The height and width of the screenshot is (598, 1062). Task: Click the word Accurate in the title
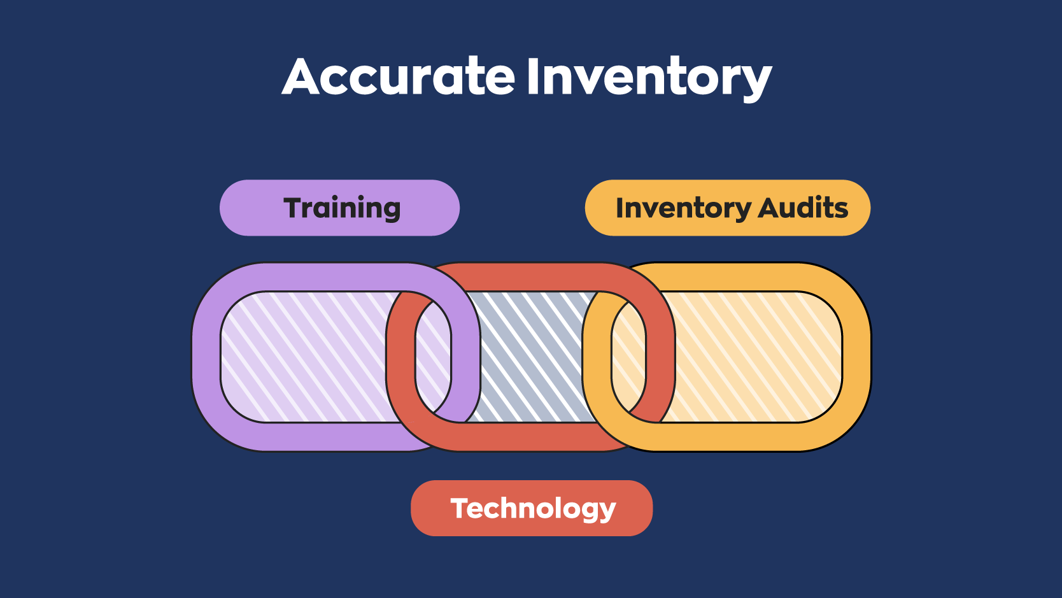coord(399,77)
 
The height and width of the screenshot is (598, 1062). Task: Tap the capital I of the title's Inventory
coord(534,76)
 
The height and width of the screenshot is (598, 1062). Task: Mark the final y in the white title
coord(755,82)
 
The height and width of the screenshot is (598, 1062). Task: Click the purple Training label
coord(339,208)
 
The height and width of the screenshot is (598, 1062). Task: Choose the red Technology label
coord(532,508)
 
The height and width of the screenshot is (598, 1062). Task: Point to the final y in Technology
coord(607,511)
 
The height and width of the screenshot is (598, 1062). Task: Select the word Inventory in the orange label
coord(683,208)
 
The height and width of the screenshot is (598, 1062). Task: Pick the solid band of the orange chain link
coord(856,357)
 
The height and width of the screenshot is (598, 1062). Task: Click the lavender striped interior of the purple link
coord(306,357)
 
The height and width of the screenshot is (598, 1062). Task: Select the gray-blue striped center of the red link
coord(532,357)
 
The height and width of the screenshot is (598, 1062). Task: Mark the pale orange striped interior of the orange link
coord(751,357)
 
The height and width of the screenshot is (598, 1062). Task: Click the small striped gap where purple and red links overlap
coord(434,357)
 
